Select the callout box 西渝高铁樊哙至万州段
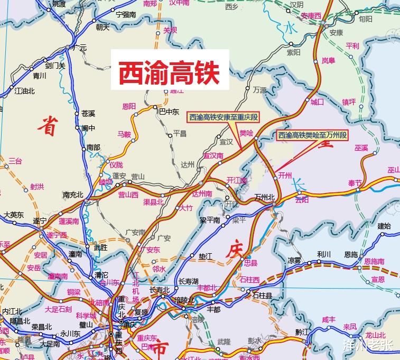point(313,135)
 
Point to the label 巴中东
point(169,112)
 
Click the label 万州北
point(265,197)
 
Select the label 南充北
point(73,195)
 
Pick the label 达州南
point(202,194)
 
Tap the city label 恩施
point(350,254)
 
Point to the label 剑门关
point(55,66)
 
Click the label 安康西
point(311,16)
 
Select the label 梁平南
point(209,220)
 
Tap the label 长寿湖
point(189,281)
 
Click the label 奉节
point(355,183)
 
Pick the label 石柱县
point(262,296)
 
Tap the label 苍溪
point(88,114)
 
